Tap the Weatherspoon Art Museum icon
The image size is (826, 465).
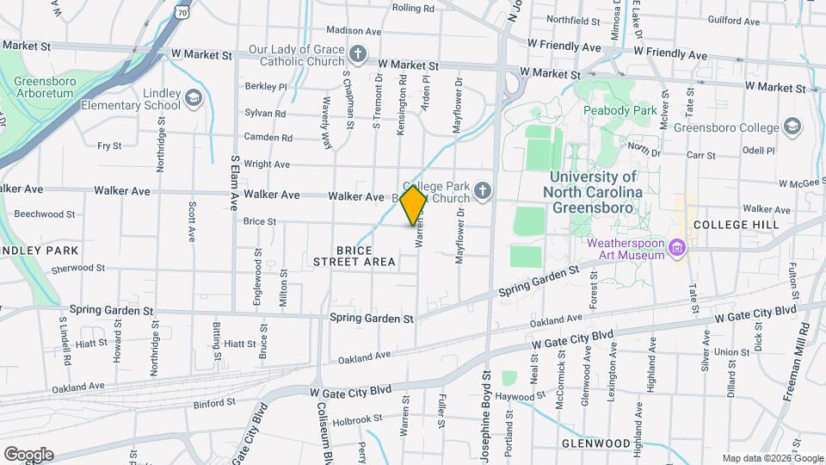tap(677, 249)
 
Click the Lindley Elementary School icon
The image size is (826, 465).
tap(193, 96)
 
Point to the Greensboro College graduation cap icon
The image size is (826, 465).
tap(792, 127)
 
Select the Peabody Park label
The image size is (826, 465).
tap(619, 110)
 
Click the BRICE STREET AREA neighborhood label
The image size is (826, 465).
tap(354, 256)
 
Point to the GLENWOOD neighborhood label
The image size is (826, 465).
tap(595, 443)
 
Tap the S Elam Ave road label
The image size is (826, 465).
tap(233, 183)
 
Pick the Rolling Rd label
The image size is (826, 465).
tap(414, 8)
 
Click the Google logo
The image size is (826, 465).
tap(28, 454)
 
